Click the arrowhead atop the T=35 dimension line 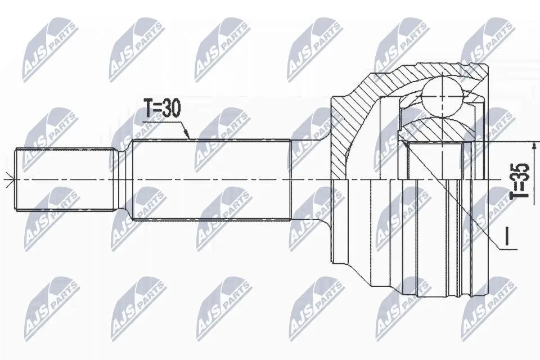[x=534, y=146]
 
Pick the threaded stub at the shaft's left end [x=65, y=179]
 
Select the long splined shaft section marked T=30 [x=211, y=179]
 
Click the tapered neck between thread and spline [x=123, y=179]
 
